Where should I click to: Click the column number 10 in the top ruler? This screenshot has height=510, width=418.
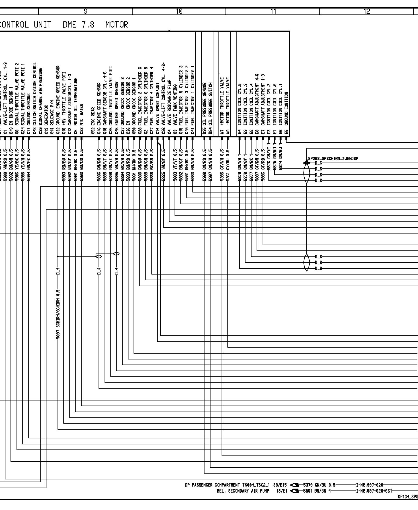(x=179, y=11)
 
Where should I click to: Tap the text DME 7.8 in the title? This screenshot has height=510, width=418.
(x=79, y=25)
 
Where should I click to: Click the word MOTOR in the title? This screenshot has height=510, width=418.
(x=117, y=25)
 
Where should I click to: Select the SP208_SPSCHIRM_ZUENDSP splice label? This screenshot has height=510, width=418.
(x=333, y=159)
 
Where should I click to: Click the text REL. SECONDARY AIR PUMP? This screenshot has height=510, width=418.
(x=243, y=491)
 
